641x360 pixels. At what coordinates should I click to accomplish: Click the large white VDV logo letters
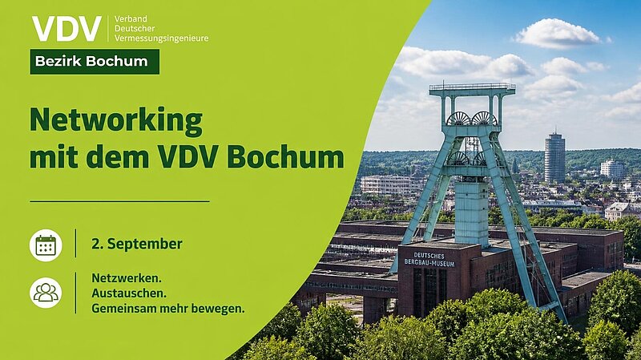pos(67,29)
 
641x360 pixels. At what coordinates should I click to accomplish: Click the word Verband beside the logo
pos(131,18)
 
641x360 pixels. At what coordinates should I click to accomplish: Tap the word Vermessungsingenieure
pos(162,38)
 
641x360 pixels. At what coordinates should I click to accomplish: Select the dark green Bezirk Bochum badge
pos(95,62)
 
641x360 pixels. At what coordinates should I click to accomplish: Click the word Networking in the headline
pos(116,121)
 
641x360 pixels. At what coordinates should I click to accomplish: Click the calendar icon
pos(46,245)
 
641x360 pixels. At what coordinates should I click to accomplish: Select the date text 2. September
pos(137,245)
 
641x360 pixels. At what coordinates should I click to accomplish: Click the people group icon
pos(46,293)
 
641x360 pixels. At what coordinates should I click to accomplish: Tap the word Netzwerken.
pos(127,278)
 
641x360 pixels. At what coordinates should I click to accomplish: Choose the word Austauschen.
pos(129,293)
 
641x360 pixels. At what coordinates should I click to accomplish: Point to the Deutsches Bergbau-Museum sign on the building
pos(429,260)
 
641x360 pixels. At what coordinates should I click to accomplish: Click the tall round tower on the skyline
pos(554,157)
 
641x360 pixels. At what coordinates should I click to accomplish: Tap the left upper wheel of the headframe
pos(458,119)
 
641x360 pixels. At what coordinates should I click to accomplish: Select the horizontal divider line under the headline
pos(119,201)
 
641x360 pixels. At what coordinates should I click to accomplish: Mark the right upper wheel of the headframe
pos(485,119)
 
